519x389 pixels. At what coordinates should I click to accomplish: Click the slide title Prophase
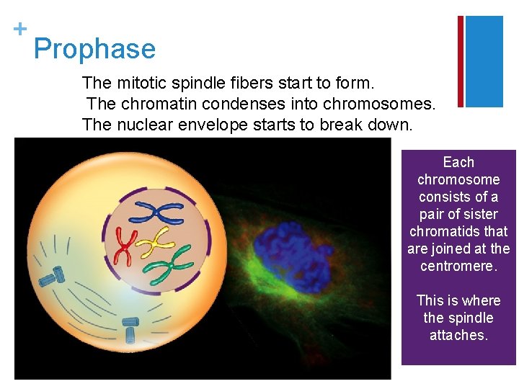click(x=94, y=49)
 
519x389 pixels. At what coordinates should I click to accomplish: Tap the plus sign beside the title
click(x=20, y=28)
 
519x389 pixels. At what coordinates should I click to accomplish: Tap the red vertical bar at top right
click(x=461, y=61)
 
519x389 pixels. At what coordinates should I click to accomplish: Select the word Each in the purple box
click(x=458, y=162)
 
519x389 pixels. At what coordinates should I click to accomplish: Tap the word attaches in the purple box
click(x=458, y=335)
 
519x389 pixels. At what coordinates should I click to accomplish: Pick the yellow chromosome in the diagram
click(x=154, y=243)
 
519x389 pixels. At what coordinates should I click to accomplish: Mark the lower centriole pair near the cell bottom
click(x=130, y=329)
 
